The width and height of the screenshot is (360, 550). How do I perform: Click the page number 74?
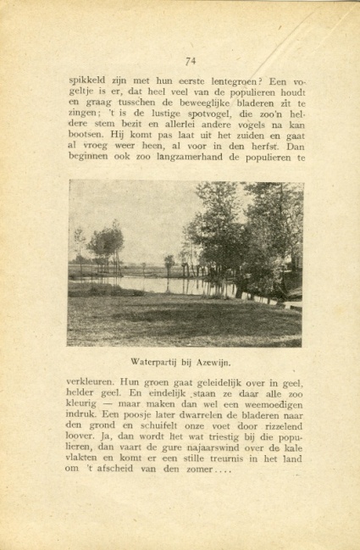point(191,60)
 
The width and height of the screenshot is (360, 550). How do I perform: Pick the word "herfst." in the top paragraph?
point(280,145)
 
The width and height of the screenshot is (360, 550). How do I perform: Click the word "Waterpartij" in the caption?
point(156,362)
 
